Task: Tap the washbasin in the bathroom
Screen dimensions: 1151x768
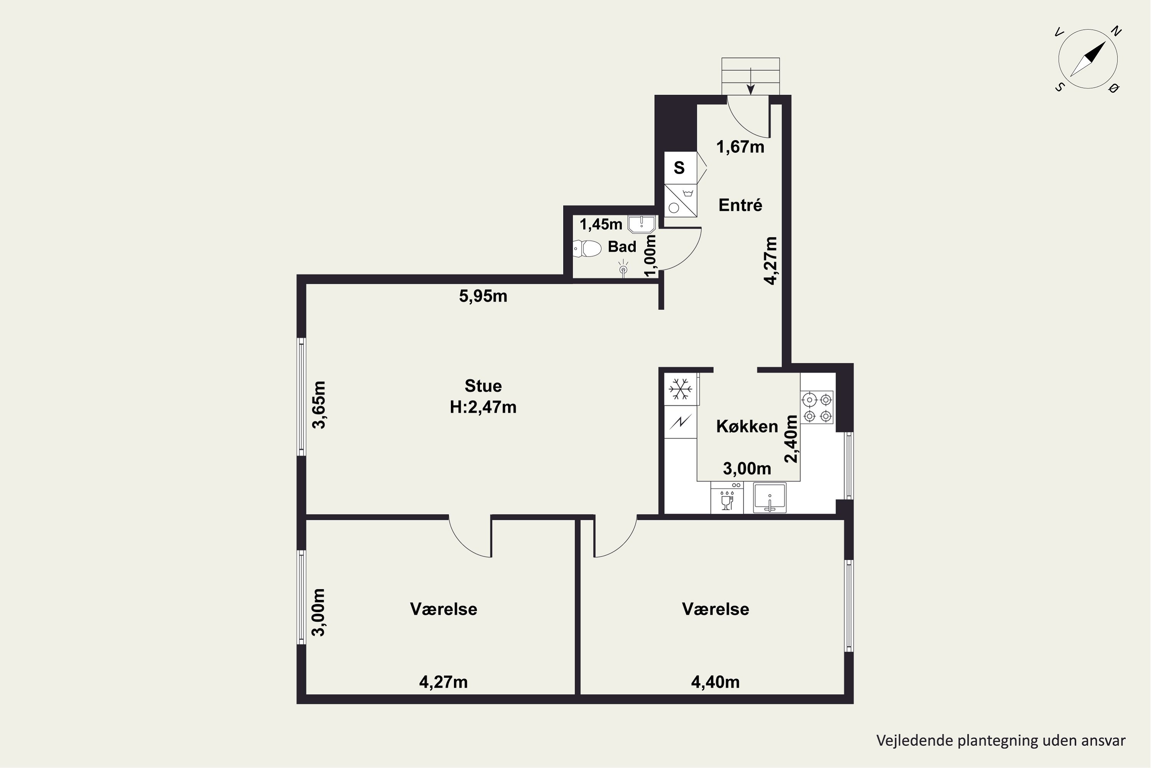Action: coord(641,224)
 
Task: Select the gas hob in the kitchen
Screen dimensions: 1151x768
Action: coord(817,407)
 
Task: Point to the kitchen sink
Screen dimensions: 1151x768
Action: coord(770,498)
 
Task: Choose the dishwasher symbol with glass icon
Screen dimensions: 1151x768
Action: coord(727,497)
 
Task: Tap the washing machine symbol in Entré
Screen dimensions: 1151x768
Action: coord(680,201)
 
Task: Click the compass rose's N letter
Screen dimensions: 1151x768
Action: coord(1116,31)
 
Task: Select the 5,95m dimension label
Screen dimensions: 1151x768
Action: coord(483,296)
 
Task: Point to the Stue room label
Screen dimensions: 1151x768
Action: coord(483,386)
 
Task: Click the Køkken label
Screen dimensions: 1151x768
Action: coord(747,427)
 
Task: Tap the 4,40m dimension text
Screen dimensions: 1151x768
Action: coord(716,682)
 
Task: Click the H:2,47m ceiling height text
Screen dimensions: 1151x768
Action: coord(483,407)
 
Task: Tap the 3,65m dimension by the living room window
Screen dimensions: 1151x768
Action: coord(319,405)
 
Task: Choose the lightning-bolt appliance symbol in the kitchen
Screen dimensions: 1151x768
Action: coord(680,421)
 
